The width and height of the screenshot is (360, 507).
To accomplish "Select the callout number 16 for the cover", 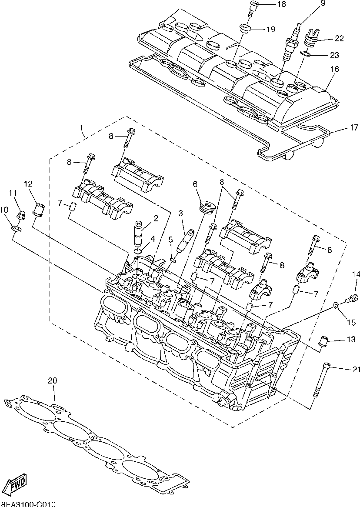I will coord(334,69).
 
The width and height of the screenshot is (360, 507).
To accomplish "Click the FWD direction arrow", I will coord(14,484).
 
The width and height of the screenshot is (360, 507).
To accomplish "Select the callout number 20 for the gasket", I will coord(52,381).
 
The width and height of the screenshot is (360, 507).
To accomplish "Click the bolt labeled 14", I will coord(352,298).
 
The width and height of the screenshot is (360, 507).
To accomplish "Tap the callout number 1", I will coord(81,128).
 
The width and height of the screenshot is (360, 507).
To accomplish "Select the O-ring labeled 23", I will coord(306,54).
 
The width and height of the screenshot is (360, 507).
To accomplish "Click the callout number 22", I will coord(339,38).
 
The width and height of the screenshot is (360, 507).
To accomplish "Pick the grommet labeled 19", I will coord(245,30).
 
